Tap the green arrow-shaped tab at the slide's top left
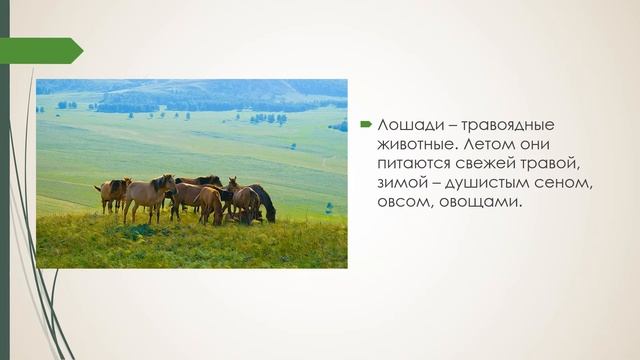click(45, 50)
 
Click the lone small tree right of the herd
click(328, 208)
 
